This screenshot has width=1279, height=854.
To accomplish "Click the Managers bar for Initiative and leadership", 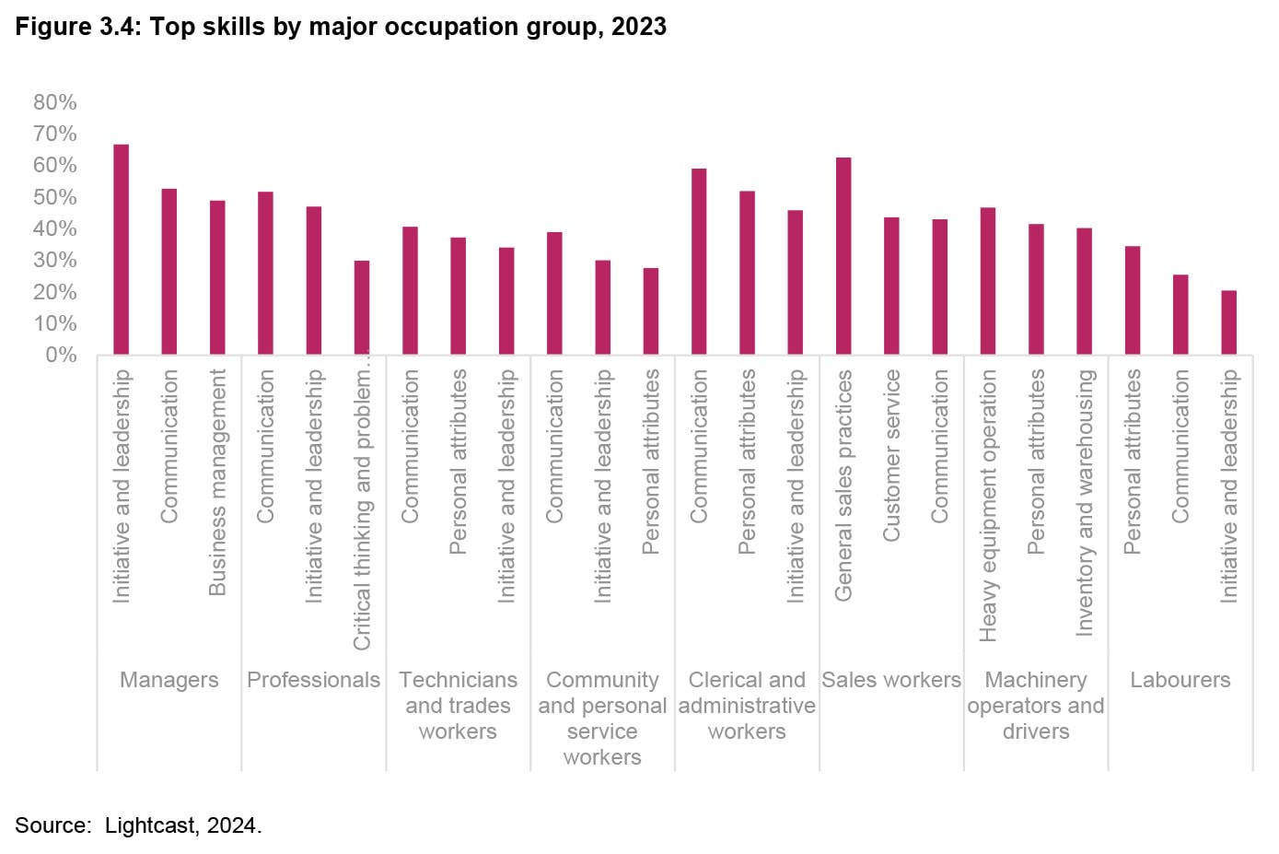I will coord(121,250).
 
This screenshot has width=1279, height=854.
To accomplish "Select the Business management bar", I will coord(217,277).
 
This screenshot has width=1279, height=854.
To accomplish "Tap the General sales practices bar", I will coord(843,256).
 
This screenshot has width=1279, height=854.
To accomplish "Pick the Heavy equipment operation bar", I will coord(988,281).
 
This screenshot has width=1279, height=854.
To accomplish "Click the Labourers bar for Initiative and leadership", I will coord(1228,322).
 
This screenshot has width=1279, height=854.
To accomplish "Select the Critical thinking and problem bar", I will coord(362,308).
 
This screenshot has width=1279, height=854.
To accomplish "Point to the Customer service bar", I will coord(891,286).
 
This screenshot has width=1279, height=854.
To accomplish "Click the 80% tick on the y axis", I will coord(55,102).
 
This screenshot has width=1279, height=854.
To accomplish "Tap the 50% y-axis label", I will coord(55,197).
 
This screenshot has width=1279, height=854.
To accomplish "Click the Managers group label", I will coord(169,680).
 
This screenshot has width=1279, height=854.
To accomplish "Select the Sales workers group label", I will coord(891,680).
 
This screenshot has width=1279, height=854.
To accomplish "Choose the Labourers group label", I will coord(1180,680).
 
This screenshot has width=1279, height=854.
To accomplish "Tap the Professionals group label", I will coord(314,680).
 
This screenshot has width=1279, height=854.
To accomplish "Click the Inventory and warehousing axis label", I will coord(1085,502).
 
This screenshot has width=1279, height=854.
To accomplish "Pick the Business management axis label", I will coord(217,482).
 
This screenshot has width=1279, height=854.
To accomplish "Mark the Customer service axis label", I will coord(891,455).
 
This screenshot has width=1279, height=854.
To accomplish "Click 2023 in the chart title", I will coord(639,27).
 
